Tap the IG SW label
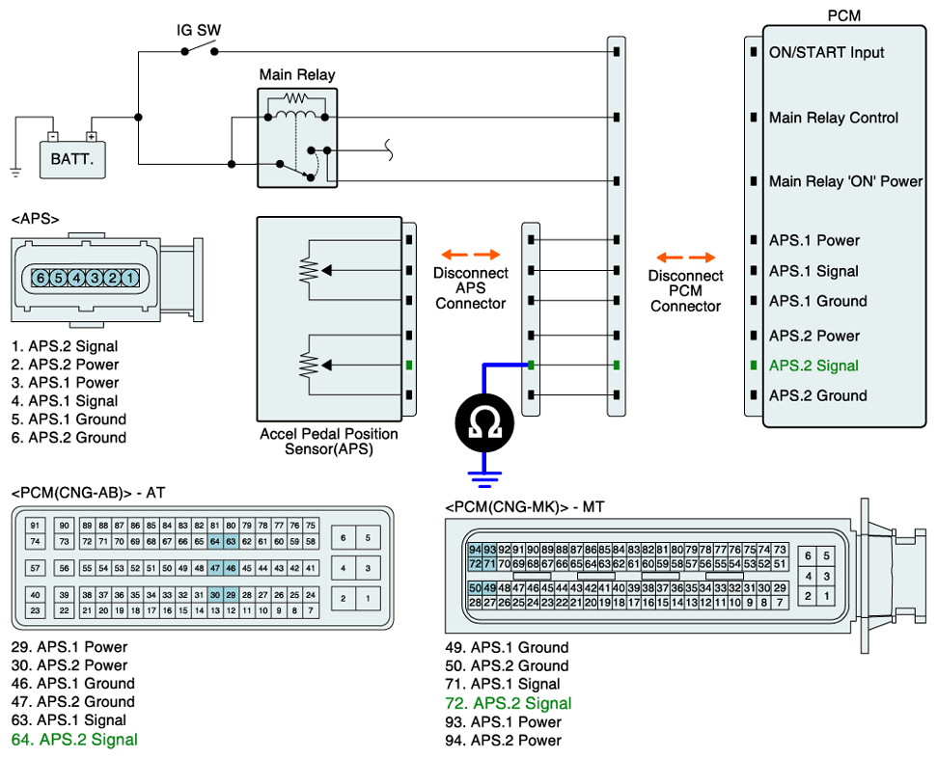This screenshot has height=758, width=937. point(199,30)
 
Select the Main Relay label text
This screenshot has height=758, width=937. point(297,74)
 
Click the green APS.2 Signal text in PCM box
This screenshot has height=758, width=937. point(813,365)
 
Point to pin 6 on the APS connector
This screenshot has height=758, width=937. point(41,278)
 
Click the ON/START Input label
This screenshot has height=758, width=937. point(826,52)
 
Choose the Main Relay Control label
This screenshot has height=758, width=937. point(834,118)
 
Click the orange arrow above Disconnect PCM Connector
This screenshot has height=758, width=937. point(686,257)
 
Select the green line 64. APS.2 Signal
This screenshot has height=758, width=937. point(74,740)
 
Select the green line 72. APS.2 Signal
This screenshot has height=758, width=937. point(508,703)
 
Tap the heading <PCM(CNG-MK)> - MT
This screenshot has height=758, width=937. point(525,507)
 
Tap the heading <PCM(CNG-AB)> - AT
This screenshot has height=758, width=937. point(88,492)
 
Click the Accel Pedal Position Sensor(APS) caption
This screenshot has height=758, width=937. point(328,442)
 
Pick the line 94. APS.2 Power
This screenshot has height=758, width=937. point(515,741)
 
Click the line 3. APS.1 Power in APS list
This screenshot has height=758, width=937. point(66,383)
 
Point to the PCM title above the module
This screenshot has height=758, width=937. point(843,15)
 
